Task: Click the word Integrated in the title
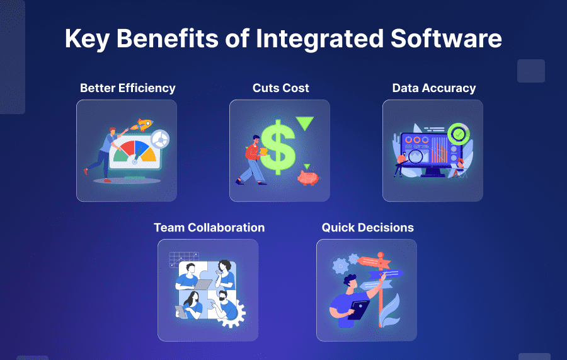click(319, 39)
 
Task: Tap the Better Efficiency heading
click(128, 88)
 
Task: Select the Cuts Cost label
click(280, 88)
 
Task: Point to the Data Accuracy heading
click(434, 88)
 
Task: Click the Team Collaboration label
click(209, 228)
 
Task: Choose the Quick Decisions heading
click(368, 228)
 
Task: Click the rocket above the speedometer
click(142, 124)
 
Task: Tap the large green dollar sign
click(278, 147)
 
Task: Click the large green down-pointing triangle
click(304, 122)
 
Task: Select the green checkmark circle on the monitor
click(459, 134)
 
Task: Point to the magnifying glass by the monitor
click(415, 156)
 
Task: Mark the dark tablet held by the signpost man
click(358, 310)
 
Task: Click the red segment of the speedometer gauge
click(127, 148)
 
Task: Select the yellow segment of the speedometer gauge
click(149, 155)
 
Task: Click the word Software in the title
click(446, 38)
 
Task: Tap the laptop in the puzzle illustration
click(202, 284)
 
